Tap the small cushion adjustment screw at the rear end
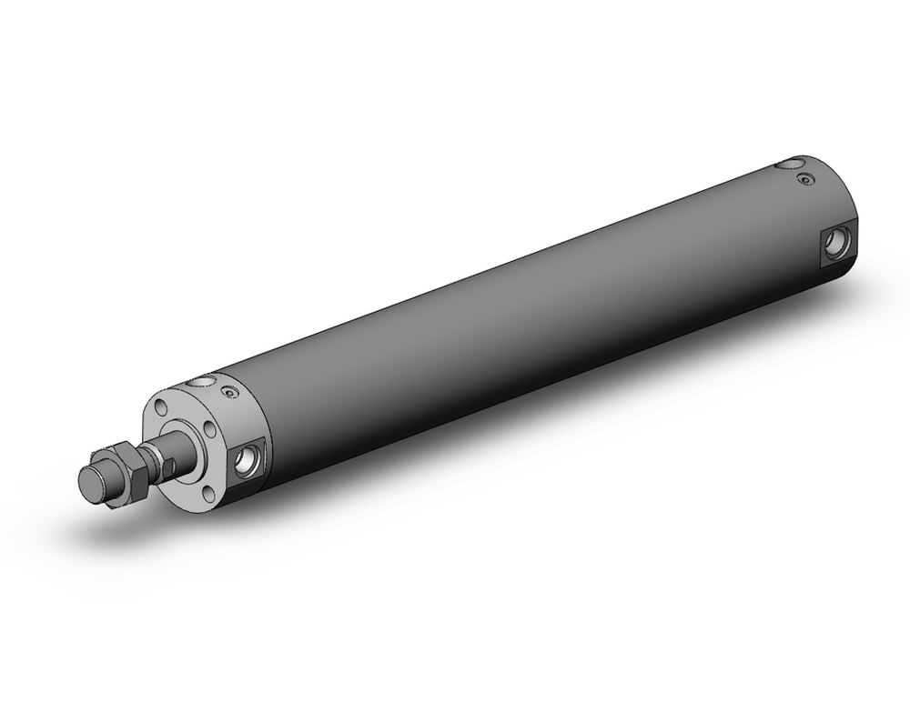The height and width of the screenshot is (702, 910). point(804,179)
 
